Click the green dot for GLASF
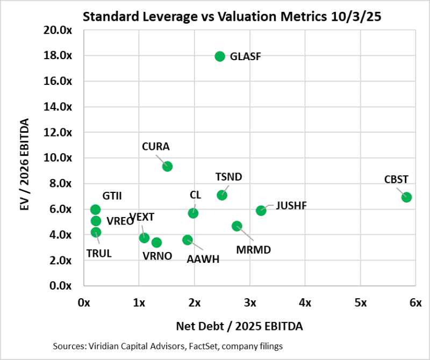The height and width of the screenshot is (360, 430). [x=219, y=56]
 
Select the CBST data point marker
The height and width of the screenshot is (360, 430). [x=406, y=197]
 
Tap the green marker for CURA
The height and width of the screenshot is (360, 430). [x=167, y=167]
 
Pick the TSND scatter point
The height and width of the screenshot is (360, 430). [x=222, y=195]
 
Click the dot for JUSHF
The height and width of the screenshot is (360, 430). [x=261, y=211]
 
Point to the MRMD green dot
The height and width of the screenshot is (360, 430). [x=236, y=226]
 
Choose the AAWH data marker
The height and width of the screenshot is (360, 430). [x=187, y=240]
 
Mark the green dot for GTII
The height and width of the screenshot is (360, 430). [x=96, y=210]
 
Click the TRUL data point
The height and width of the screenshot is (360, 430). [x=96, y=233]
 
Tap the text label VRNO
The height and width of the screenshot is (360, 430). [x=157, y=256]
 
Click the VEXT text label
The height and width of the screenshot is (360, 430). [x=142, y=217]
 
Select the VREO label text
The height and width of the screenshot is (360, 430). [x=120, y=221]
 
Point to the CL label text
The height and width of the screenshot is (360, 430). [x=196, y=195]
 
